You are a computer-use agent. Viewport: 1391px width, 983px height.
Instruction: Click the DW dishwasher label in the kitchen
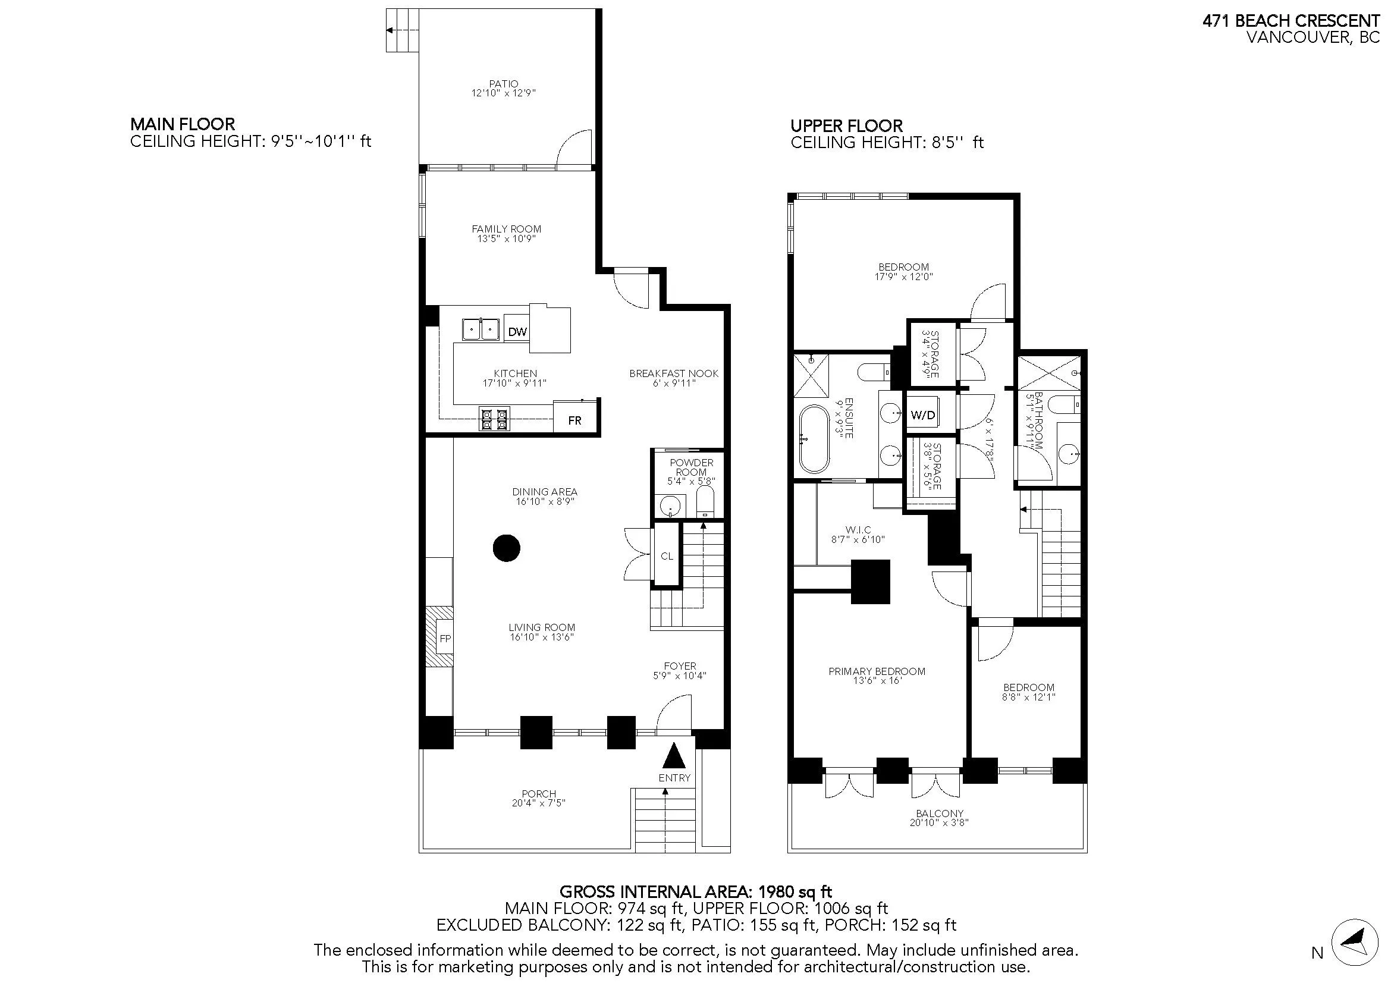click(517, 332)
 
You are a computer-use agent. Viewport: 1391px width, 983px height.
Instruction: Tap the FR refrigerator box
click(574, 420)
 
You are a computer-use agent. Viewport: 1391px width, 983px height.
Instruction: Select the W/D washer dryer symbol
click(923, 416)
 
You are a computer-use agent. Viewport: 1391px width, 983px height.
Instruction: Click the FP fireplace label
click(445, 638)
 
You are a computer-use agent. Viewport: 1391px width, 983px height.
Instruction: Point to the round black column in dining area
click(507, 548)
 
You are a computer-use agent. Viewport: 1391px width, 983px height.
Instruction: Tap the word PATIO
click(504, 84)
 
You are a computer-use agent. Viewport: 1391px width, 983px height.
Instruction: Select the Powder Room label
click(691, 467)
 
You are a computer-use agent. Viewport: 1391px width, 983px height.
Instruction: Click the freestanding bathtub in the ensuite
click(814, 439)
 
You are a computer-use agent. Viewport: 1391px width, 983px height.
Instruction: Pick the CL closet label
click(667, 556)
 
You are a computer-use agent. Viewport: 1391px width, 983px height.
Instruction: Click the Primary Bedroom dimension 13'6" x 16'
click(877, 681)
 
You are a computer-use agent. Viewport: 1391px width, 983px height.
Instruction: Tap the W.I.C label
click(859, 530)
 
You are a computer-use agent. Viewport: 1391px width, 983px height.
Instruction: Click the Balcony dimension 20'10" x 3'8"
click(939, 822)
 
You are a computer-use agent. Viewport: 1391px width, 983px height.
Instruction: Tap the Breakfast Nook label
click(674, 373)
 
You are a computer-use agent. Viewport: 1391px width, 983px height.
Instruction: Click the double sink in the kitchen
click(481, 330)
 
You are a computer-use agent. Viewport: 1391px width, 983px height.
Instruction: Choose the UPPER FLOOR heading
click(846, 126)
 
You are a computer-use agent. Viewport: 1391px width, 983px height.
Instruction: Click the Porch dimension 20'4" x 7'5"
click(538, 803)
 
